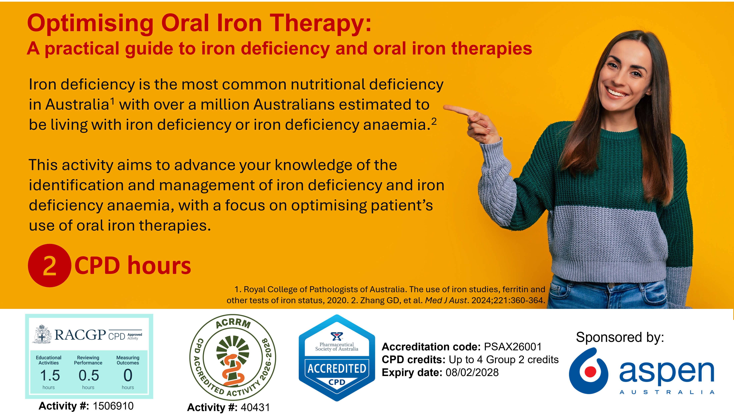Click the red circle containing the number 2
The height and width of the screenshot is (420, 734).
[x=49, y=265]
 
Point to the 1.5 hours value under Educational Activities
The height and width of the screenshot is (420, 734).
[x=50, y=375]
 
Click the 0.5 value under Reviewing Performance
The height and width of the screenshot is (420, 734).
[x=88, y=375]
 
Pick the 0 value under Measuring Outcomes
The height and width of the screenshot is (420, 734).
[x=128, y=375]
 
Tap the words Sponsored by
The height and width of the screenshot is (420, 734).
[x=620, y=337]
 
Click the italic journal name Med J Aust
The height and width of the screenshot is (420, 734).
[x=446, y=300]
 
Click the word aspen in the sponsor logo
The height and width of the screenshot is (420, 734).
[x=666, y=372]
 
